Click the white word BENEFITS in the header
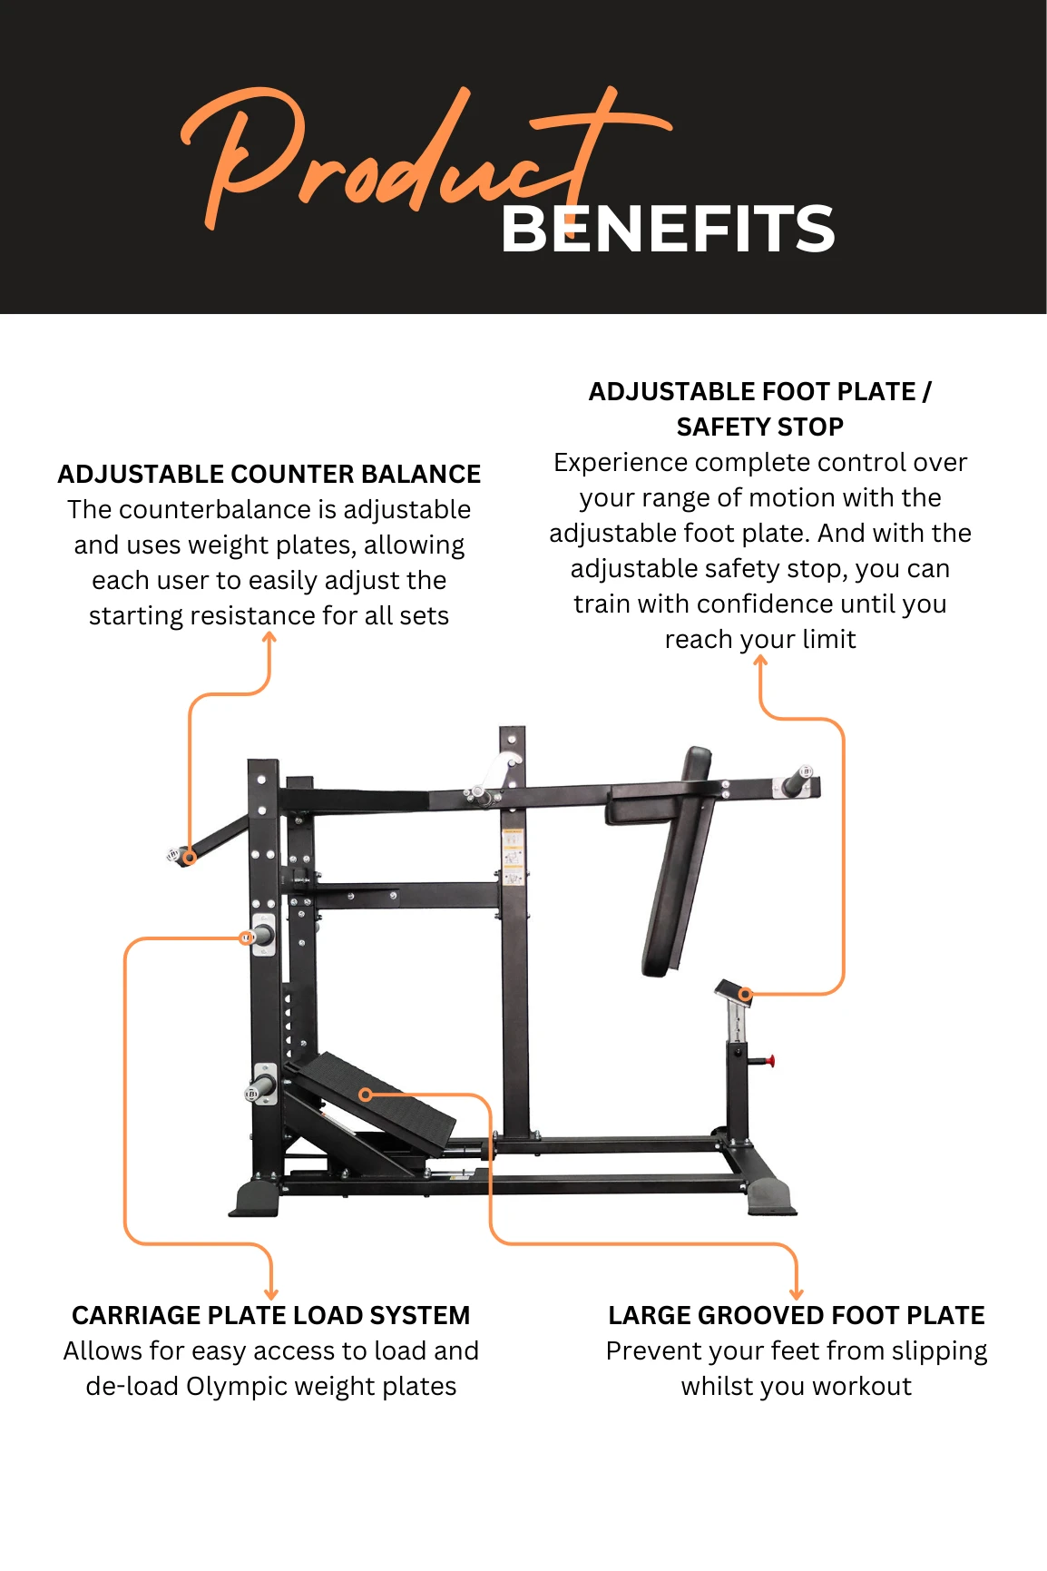click(667, 229)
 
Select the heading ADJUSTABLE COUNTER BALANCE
click(269, 474)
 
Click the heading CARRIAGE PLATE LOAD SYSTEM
click(271, 1315)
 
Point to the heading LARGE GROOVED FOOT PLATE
click(797, 1315)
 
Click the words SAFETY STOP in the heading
click(760, 427)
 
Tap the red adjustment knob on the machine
click(770, 1060)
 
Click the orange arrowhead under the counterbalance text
click(269, 638)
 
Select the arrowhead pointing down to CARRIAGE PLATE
click(270, 1292)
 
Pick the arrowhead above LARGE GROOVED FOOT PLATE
click(797, 1292)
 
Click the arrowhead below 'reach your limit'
click(760, 662)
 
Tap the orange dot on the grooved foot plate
click(366, 1095)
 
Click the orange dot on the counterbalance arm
click(190, 857)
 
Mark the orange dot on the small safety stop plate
click(745, 994)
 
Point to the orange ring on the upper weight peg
click(246, 938)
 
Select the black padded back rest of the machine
click(678, 861)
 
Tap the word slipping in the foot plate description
click(939, 1351)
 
